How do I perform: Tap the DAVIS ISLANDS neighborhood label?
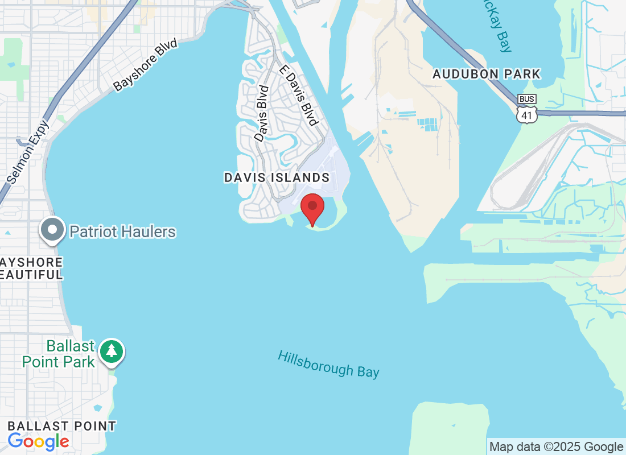277,177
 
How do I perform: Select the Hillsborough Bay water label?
328,364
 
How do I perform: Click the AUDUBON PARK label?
486,75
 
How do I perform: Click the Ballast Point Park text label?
59,354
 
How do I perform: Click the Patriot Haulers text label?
122,231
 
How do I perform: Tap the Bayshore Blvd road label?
145,65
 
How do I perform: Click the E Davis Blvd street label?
298,94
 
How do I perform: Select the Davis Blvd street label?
261,113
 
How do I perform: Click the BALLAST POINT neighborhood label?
61,426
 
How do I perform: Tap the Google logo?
38,441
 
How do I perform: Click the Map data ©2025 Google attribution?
556,447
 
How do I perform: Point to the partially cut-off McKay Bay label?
496,26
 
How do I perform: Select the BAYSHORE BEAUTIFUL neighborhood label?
31,268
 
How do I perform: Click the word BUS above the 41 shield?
527,99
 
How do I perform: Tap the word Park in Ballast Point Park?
76,361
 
